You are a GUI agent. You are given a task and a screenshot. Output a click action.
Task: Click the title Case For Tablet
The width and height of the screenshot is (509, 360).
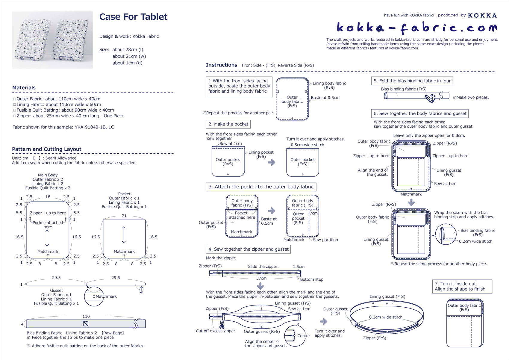click(133, 17)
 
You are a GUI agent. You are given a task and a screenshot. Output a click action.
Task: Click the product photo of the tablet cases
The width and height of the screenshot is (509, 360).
click(52, 40)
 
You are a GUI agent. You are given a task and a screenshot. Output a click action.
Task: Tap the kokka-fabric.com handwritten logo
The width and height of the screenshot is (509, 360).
click(416, 27)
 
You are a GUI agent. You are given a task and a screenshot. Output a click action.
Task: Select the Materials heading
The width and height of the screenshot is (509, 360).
click(24, 88)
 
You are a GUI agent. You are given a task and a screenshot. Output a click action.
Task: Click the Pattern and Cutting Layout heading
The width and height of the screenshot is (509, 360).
click(47, 149)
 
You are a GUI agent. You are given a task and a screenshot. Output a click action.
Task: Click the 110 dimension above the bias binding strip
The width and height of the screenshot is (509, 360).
click(86, 316)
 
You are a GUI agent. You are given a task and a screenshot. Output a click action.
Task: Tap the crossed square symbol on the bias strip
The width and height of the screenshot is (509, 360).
click(86, 324)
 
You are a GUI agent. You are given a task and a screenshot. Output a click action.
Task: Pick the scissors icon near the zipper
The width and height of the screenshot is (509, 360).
click(222, 325)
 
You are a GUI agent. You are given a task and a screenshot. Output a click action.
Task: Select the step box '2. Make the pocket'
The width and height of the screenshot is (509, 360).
click(228, 124)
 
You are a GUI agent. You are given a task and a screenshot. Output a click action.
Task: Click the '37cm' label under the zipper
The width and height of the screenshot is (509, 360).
click(261, 278)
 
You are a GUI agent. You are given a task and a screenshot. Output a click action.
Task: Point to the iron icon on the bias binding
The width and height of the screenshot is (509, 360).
click(431, 97)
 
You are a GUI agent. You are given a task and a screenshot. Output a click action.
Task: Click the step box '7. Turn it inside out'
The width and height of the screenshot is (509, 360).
click(462, 286)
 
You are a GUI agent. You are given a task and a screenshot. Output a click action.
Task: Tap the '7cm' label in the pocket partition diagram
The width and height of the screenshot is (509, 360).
click(313, 213)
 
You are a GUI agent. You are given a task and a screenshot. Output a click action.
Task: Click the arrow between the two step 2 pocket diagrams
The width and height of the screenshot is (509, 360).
click(272, 163)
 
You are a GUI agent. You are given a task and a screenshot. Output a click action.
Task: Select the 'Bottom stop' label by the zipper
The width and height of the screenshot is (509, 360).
click(312, 279)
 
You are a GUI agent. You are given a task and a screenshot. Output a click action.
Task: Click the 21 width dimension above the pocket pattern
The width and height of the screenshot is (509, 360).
click(124, 216)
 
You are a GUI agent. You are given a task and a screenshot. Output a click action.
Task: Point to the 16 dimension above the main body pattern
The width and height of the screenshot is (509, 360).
click(48, 197)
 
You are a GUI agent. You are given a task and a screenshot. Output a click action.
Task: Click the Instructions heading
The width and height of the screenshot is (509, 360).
click(221, 65)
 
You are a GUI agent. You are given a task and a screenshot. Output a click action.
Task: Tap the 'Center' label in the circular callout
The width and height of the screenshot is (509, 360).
click(303, 336)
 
